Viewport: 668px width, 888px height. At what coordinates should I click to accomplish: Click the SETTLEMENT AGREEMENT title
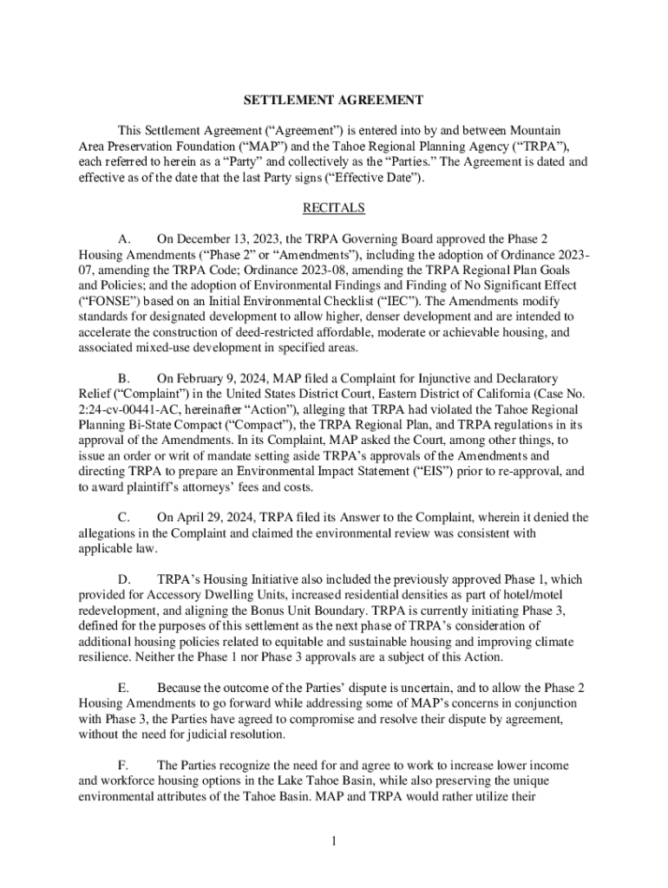point(333,101)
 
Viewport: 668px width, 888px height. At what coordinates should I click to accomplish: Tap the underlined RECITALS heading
point(333,209)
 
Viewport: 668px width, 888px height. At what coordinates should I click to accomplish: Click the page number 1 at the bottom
point(334,840)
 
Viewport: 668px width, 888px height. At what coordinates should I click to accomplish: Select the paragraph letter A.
point(122,238)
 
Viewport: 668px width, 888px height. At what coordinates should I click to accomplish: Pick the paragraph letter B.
point(122,378)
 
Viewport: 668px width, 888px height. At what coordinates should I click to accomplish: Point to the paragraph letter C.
point(122,518)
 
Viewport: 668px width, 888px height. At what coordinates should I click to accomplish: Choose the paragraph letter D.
point(122,579)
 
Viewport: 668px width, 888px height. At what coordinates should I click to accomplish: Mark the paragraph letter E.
point(122,688)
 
